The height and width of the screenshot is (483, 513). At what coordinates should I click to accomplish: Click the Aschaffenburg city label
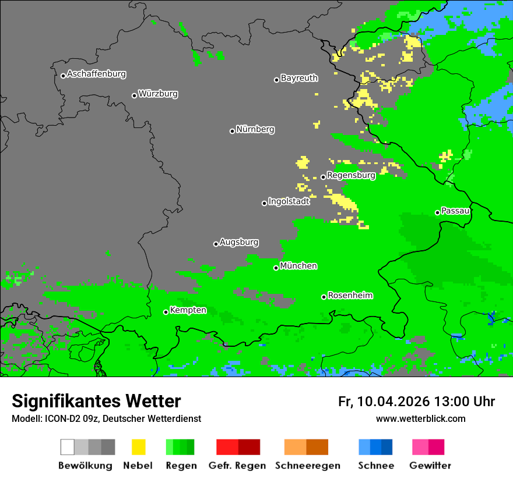click(x=96, y=74)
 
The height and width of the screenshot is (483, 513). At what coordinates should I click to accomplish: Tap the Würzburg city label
click(x=158, y=94)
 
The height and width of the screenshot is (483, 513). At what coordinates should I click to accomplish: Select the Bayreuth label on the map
click(x=299, y=78)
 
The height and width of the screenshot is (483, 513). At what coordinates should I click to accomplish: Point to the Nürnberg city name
click(x=255, y=130)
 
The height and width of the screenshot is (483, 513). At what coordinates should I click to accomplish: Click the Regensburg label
click(x=351, y=175)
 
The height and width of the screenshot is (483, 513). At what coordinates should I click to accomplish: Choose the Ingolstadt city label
click(x=289, y=201)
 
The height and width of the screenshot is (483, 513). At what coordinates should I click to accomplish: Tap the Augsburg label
click(x=239, y=242)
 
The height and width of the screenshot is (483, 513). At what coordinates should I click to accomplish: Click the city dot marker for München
click(x=276, y=268)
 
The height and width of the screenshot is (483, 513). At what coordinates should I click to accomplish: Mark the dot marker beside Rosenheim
click(x=324, y=297)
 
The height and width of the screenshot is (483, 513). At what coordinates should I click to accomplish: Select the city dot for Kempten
click(x=166, y=312)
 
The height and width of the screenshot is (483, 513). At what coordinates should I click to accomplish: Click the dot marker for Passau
click(x=437, y=212)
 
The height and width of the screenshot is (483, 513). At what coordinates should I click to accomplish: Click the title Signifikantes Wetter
click(x=96, y=401)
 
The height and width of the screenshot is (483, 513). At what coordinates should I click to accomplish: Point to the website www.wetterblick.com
click(x=420, y=418)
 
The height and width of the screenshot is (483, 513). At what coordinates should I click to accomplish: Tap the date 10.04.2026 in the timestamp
click(x=393, y=402)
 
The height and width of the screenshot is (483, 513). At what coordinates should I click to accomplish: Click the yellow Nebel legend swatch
click(x=138, y=447)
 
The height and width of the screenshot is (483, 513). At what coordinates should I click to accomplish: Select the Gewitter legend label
click(x=430, y=466)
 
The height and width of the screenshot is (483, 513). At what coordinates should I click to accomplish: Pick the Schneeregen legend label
click(x=308, y=466)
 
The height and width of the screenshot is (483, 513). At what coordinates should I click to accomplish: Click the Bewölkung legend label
click(x=85, y=466)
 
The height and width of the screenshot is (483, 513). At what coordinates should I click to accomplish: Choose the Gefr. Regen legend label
click(x=237, y=466)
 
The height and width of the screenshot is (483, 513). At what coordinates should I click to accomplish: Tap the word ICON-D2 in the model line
click(x=60, y=419)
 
